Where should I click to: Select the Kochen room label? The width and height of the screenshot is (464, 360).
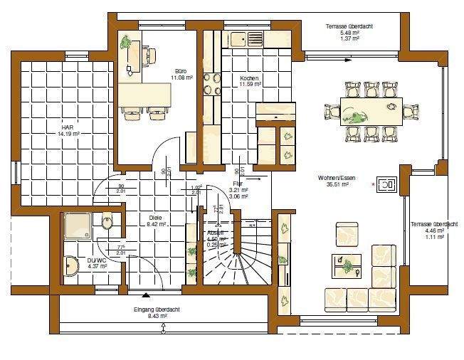click(x=249, y=78)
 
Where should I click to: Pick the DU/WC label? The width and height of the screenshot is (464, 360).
click(x=97, y=260)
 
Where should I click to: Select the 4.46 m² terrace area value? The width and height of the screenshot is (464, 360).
click(x=426, y=231)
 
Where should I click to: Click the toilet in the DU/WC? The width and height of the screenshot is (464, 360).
click(x=107, y=224)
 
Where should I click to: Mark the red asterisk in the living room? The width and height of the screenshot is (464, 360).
click(x=374, y=185)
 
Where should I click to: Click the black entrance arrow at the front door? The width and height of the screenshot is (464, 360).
click(x=147, y=293)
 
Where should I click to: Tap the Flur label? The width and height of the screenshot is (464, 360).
click(x=238, y=184)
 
